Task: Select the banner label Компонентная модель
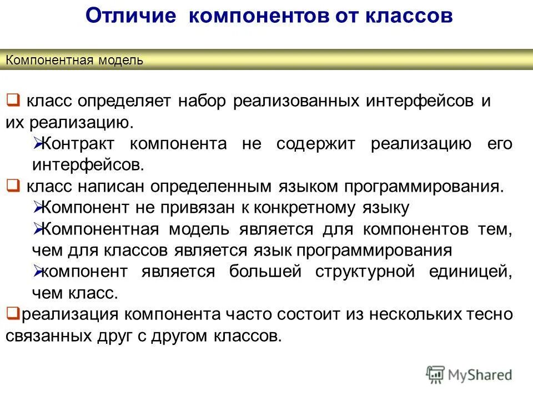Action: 74,61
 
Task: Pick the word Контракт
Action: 78,144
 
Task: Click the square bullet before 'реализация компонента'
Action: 10,313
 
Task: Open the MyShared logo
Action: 469,374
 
